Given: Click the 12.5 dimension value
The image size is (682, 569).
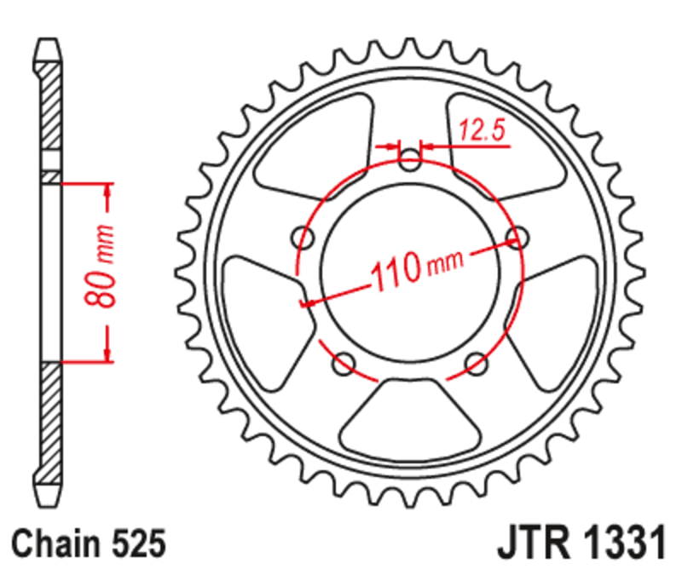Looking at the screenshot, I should tap(483, 130).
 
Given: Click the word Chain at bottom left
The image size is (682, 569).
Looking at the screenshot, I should tap(55, 543).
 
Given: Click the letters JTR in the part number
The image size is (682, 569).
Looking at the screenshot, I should tap(532, 543).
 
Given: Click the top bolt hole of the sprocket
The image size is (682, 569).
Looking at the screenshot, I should tap(410, 159).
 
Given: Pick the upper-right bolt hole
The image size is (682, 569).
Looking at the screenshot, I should tap(515, 237).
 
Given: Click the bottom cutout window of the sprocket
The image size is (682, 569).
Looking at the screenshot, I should tap(408, 415).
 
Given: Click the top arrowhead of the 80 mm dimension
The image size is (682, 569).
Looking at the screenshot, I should tap(107, 192).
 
